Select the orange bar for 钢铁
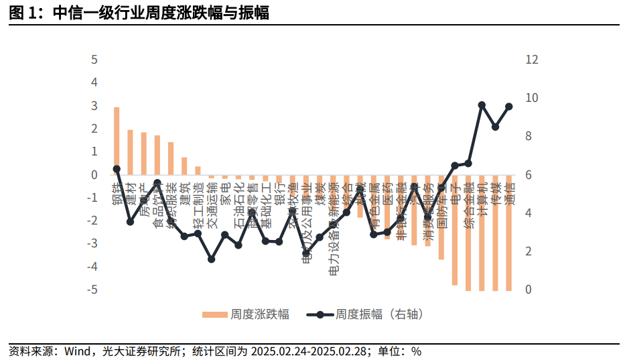click(117, 141)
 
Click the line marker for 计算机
click(482, 105)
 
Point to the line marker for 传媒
click(495, 127)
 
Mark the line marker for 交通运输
click(211, 259)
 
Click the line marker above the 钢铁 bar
click(117, 169)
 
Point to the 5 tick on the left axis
click(94, 60)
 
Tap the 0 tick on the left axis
click(94, 175)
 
